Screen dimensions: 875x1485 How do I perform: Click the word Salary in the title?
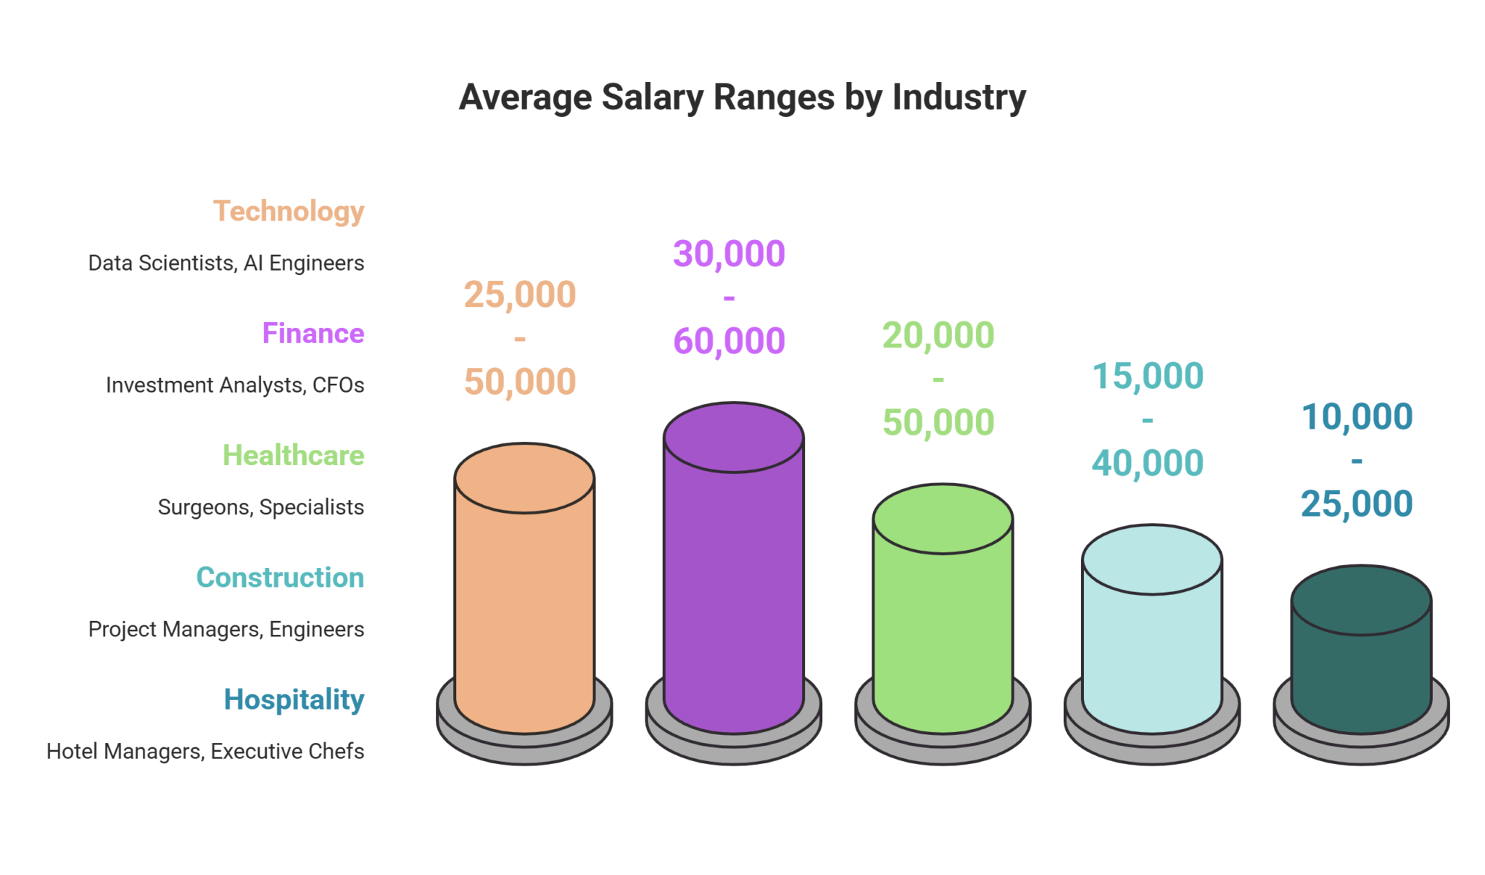652,98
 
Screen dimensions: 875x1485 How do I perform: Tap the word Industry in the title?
959,98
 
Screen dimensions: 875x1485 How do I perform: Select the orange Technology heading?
289,212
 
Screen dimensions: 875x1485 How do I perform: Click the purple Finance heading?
313,334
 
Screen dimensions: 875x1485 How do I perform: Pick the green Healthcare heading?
293,456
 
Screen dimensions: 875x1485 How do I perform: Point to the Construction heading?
280,578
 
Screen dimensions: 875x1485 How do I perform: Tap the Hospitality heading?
294,699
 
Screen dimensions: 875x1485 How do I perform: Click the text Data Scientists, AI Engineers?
226,263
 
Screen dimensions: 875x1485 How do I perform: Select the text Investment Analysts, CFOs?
235,385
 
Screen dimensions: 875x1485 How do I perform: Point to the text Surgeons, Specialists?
261,506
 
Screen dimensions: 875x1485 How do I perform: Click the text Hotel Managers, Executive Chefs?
205,751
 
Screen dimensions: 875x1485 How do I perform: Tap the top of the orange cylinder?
524,477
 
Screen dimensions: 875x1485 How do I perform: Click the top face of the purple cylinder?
733,437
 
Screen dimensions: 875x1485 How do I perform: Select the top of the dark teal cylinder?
1361,600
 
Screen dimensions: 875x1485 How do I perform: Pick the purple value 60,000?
729,341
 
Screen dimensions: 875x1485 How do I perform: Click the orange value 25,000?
520,295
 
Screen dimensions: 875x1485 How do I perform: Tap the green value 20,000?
938,335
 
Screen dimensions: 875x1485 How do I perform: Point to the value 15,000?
1148,376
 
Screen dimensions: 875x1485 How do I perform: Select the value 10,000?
1357,416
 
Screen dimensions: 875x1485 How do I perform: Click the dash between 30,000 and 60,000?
729,297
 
